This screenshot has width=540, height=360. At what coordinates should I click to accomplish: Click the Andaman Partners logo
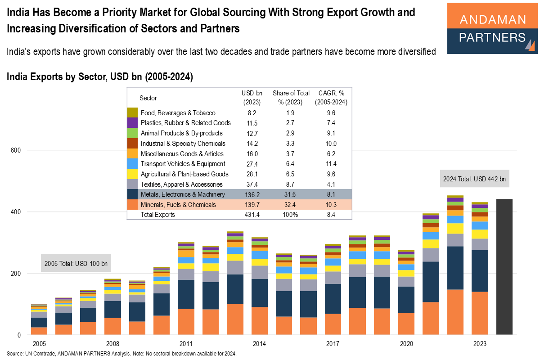click(x=492, y=28)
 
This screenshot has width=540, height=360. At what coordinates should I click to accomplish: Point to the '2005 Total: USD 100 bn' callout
click(x=76, y=263)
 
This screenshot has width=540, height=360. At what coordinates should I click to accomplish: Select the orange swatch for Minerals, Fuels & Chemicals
click(x=132, y=205)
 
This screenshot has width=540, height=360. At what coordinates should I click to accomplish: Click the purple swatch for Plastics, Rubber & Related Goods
click(x=132, y=123)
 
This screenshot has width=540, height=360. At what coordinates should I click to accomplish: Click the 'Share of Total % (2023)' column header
click(x=291, y=98)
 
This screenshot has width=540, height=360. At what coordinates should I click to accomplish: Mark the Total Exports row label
click(x=157, y=215)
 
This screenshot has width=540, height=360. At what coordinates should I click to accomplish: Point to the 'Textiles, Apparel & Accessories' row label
click(x=181, y=184)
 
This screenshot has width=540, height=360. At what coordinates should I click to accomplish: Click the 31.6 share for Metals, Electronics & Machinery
click(x=291, y=194)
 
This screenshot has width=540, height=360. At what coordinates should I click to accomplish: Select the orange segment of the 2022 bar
click(x=455, y=312)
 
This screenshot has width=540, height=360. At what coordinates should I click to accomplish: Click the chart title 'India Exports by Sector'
click(x=99, y=77)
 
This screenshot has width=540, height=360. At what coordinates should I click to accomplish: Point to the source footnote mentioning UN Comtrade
click(x=121, y=354)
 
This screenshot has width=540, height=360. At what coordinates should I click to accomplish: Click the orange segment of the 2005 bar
click(x=39, y=331)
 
